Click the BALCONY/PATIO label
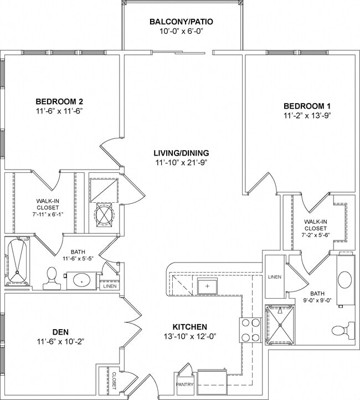click(x=181, y=22)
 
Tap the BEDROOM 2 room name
click(x=59, y=101)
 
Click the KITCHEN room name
click(x=189, y=327)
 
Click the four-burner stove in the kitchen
click(x=250, y=330)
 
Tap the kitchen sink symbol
click(x=207, y=286)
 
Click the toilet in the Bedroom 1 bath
click(x=340, y=331)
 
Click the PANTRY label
click(x=184, y=383)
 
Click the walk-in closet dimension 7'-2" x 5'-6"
click(x=316, y=235)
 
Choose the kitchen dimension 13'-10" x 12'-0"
click(x=189, y=336)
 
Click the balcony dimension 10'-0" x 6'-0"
click(x=181, y=32)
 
